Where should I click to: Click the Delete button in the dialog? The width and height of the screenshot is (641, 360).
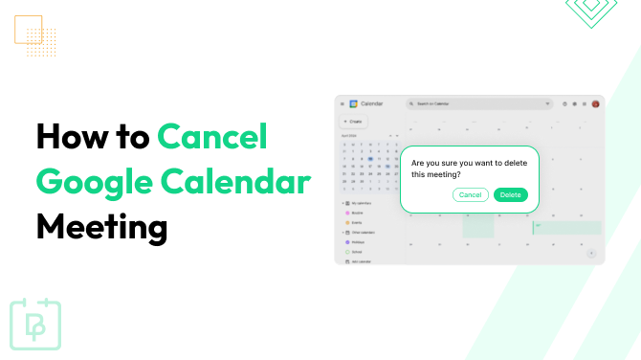(x=510, y=194)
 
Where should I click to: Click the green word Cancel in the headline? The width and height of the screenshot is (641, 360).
(x=212, y=138)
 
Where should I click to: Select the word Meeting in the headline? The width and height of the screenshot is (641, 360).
(x=101, y=227)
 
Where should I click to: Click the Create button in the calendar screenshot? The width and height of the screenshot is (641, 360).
(x=353, y=122)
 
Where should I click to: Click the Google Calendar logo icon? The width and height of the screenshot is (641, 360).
(x=353, y=103)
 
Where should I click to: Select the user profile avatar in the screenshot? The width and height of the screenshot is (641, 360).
(x=595, y=103)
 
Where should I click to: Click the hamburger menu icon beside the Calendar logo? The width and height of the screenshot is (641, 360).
(x=342, y=103)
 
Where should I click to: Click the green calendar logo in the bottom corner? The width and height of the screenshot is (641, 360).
(x=35, y=325)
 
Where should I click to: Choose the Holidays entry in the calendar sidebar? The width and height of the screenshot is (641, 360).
(x=357, y=242)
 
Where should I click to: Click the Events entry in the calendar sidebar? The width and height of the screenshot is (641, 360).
(x=355, y=222)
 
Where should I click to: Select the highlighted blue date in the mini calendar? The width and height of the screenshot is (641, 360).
(x=370, y=159)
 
